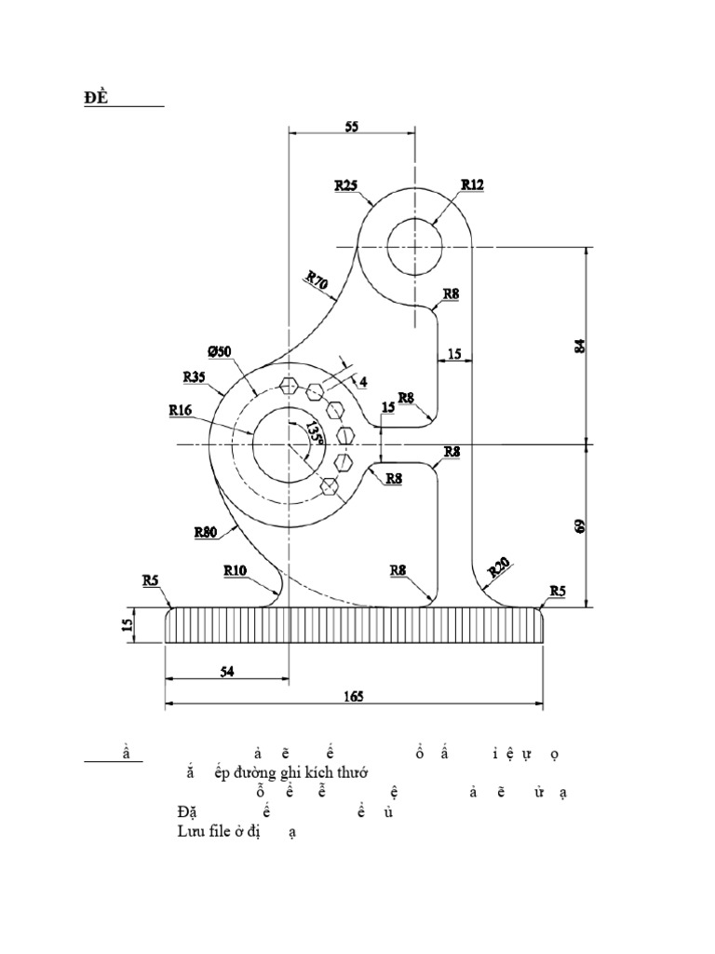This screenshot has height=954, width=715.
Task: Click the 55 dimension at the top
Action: point(351,127)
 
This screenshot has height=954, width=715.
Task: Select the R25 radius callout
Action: point(346,185)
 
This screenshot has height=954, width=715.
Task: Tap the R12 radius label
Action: point(472,184)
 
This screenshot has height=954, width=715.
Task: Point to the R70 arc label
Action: point(317,282)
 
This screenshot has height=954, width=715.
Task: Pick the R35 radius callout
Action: point(196,377)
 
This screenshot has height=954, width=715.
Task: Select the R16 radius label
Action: point(182,408)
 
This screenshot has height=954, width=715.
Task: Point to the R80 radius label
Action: point(207,533)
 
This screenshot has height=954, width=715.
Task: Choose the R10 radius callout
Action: point(236,569)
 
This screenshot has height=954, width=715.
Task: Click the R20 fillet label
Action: point(500,567)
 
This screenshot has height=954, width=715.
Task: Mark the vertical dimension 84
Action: point(581,345)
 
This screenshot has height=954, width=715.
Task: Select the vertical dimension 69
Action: point(581,525)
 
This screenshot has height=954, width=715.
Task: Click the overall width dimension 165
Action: point(353,696)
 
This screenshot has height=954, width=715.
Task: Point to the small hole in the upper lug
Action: point(414,247)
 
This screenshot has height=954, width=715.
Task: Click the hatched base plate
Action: point(354,625)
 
